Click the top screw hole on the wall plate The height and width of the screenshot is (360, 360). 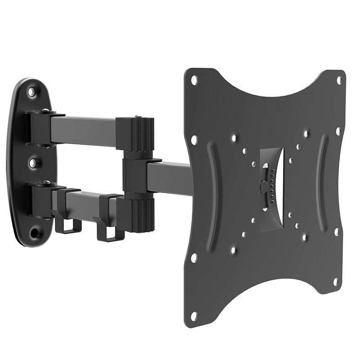[x=32, y=92]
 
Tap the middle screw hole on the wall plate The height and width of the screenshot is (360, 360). [x=32, y=162]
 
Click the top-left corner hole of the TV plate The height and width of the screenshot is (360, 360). [x=194, y=81]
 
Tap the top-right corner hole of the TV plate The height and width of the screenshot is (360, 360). [x=339, y=81]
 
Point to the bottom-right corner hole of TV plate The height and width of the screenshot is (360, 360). [x=335, y=282]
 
